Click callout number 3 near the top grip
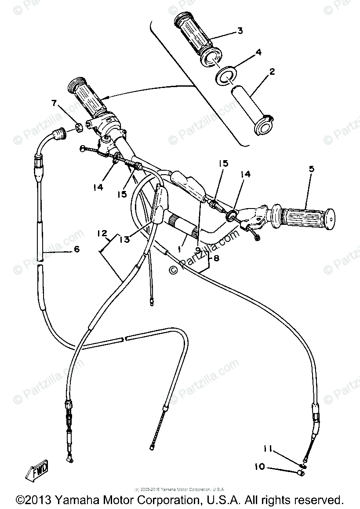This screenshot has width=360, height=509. (x=240, y=30)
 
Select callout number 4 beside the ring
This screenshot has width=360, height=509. (x=258, y=52)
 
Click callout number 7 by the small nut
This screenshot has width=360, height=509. (x=54, y=103)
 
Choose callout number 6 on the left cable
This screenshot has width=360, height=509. (x=76, y=249)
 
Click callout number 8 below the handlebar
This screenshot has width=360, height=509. (x=216, y=259)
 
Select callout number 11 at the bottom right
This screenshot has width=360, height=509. (x=268, y=449)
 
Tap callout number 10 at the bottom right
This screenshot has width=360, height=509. (x=259, y=466)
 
